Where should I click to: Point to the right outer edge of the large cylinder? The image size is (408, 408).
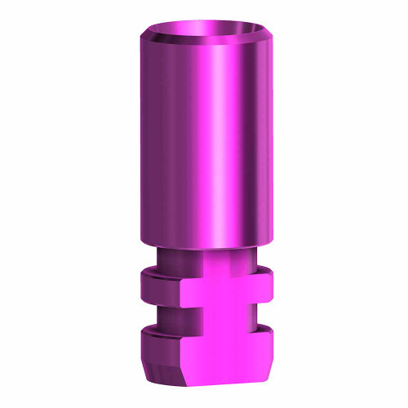click(x=269, y=139)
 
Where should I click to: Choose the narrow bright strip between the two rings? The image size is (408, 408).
click(x=216, y=315)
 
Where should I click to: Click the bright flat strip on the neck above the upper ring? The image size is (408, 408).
click(x=216, y=259)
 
